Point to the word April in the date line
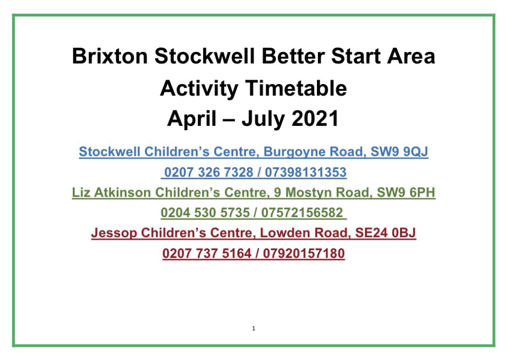pyautogui.click(x=192, y=120)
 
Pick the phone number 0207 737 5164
pyautogui.click(x=205, y=254)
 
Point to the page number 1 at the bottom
pyautogui.click(x=254, y=328)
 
